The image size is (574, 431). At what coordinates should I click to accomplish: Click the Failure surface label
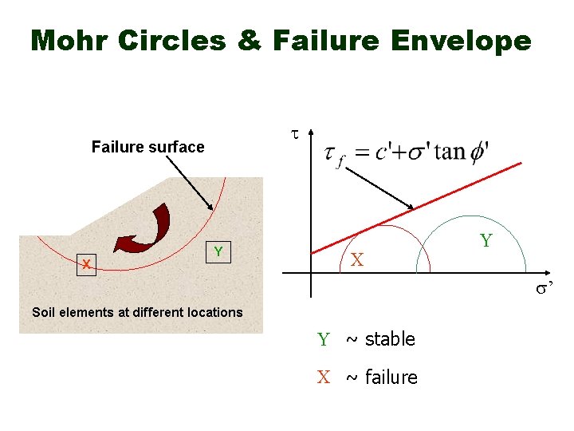[x=147, y=147]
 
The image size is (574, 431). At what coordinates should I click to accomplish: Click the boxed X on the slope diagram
[x=87, y=264]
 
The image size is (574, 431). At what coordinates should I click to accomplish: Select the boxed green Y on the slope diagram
[x=217, y=252]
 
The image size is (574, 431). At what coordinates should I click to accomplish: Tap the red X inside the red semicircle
[x=357, y=259]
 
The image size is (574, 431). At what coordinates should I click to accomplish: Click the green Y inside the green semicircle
[x=486, y=240]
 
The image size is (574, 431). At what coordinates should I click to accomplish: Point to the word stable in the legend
[x=390, y=339]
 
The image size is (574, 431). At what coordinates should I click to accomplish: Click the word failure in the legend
[x=391, y=377]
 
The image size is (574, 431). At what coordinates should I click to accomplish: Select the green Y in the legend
[x=324, y=340]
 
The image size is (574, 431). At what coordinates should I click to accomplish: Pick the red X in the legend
[x=324, y=377]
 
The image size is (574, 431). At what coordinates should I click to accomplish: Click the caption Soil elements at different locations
[x=137, y=312]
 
